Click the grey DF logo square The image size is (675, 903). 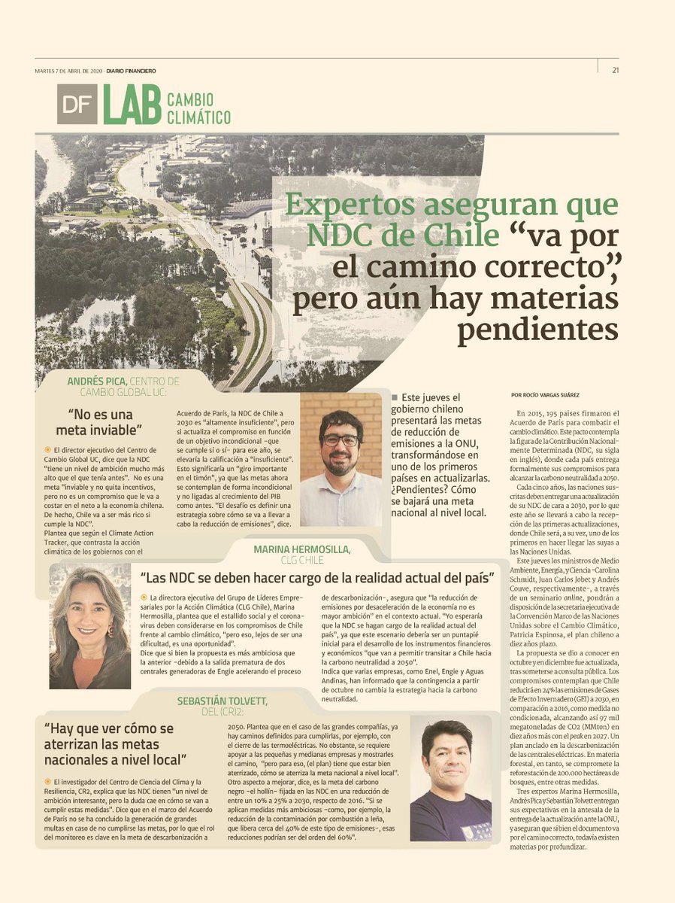(x=77, y=104)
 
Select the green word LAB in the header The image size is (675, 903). (x=132, y=104)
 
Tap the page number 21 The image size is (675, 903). (x=615, y=71)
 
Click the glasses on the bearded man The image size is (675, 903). (x=341, y=439)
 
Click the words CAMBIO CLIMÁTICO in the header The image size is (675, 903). (x=198, y=108)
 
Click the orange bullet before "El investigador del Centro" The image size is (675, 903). (x=47, y=782)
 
